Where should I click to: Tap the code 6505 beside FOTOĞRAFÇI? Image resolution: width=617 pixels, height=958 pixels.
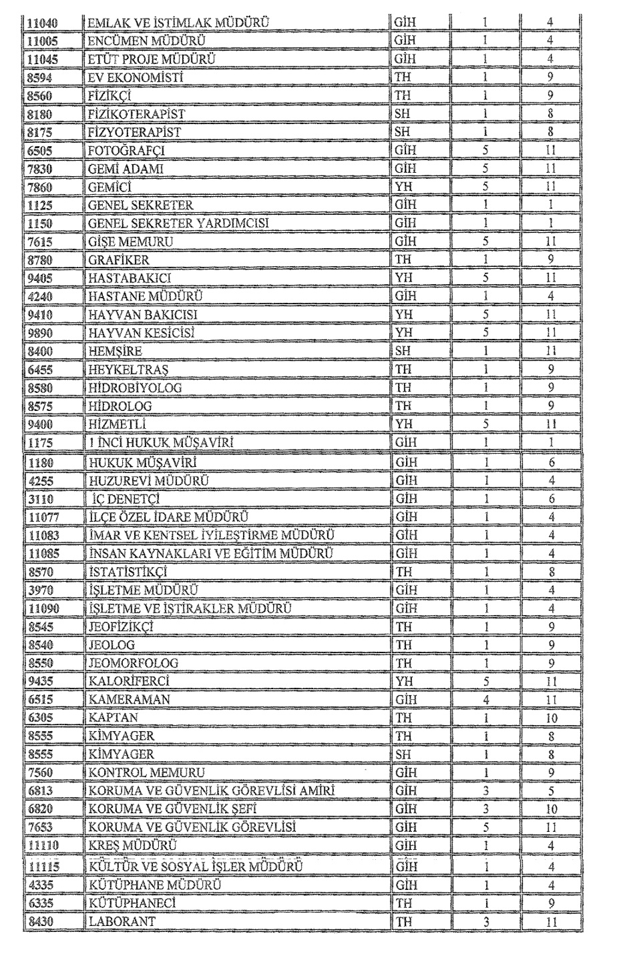39,151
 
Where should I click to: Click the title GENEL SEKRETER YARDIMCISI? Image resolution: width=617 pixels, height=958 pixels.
178,223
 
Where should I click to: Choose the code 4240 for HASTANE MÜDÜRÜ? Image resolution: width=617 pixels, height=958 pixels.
39,296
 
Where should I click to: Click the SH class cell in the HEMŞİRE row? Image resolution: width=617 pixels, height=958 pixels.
403,351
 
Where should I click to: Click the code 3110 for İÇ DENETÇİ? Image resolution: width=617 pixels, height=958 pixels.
39,499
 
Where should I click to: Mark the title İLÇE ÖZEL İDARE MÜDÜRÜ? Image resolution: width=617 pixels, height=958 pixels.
168,517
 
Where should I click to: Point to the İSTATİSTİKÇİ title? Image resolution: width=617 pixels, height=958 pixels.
127,572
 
